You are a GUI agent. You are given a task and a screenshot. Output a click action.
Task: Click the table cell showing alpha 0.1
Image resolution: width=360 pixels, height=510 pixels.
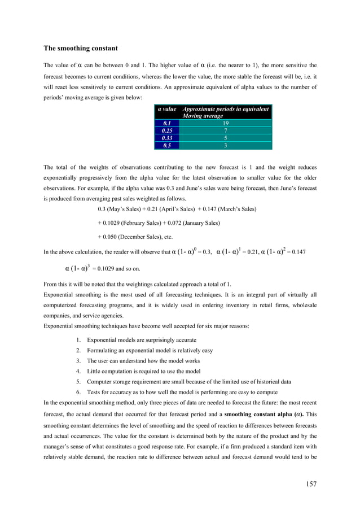(167, 123)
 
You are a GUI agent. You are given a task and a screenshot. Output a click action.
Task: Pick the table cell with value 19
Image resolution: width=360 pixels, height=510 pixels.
(225, 123)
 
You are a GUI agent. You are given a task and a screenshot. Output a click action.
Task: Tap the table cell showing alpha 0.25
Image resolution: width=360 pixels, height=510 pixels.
(167, 130)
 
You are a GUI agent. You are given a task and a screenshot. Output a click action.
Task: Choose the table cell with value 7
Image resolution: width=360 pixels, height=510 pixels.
(225, 130)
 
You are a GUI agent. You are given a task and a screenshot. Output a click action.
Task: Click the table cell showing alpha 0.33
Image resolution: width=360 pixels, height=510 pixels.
(167, 137)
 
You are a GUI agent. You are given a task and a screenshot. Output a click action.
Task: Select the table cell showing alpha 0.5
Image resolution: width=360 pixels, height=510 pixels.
(167, 145)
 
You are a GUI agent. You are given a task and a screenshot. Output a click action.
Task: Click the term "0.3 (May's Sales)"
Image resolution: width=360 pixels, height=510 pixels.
(120, 209)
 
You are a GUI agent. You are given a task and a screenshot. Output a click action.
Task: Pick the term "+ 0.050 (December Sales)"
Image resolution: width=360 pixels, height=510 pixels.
(131, 237)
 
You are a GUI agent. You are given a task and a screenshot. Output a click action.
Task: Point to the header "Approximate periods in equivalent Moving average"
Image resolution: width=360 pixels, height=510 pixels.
(225, 112)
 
